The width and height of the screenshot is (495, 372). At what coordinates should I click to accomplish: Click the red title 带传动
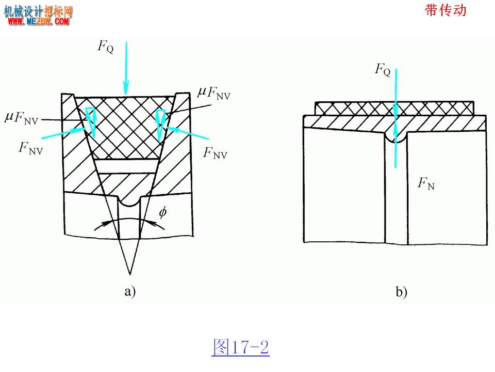pyautogui.click(x=445, y=10)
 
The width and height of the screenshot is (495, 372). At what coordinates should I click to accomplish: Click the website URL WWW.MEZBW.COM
pyautogui.click(x=38, y=21)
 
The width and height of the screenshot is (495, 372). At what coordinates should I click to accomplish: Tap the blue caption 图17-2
pyautogui.click(x=241, y=347)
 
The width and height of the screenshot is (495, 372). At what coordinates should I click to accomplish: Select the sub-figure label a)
pyautogui.click(x=130, y=291)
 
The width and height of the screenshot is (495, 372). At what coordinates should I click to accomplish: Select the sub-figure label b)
pyautogui.click(x=401, y=291)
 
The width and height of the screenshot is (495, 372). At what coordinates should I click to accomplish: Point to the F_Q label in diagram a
pyautogui.click(x=105, y=47)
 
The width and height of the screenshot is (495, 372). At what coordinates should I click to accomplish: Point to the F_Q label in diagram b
pyautogui.click(x=383, y=69)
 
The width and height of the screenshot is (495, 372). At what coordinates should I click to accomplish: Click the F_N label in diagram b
pyautogui.click(x=426, y=183)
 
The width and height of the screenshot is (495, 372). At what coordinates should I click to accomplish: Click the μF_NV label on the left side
pyautogui.click(x=22, y=118)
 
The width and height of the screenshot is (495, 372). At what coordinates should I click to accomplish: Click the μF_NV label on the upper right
pyautogui.click(x=214, y=93)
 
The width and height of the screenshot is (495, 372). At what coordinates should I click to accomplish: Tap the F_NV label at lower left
pyautogui.click(x=30, y=148)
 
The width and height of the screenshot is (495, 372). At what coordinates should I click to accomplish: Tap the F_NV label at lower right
pyautogui.click(x=215, y=153)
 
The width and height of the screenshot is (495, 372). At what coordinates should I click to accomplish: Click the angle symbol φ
pyautogui.click(x=163, y=212)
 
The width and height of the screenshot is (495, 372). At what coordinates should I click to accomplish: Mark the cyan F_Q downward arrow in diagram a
pyautogui.click(x=126, y=68)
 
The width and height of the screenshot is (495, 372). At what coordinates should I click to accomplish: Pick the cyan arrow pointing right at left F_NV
pyautogui.click(x=63, y=133)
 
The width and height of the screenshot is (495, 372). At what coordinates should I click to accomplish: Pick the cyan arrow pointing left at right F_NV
pyautogui.click(x=188, y=133)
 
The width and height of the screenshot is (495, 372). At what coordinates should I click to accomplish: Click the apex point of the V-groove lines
pyautogui.click(x=130, y=274)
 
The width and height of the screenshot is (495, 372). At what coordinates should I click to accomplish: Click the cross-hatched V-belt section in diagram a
pyautogui.click(x=125, y=127)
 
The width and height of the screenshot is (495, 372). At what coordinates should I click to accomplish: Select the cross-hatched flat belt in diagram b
pyautogui.click(x=394, y=108)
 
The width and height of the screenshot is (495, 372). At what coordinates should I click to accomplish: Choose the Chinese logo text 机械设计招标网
pyautogui.click(x=38, y=11)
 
